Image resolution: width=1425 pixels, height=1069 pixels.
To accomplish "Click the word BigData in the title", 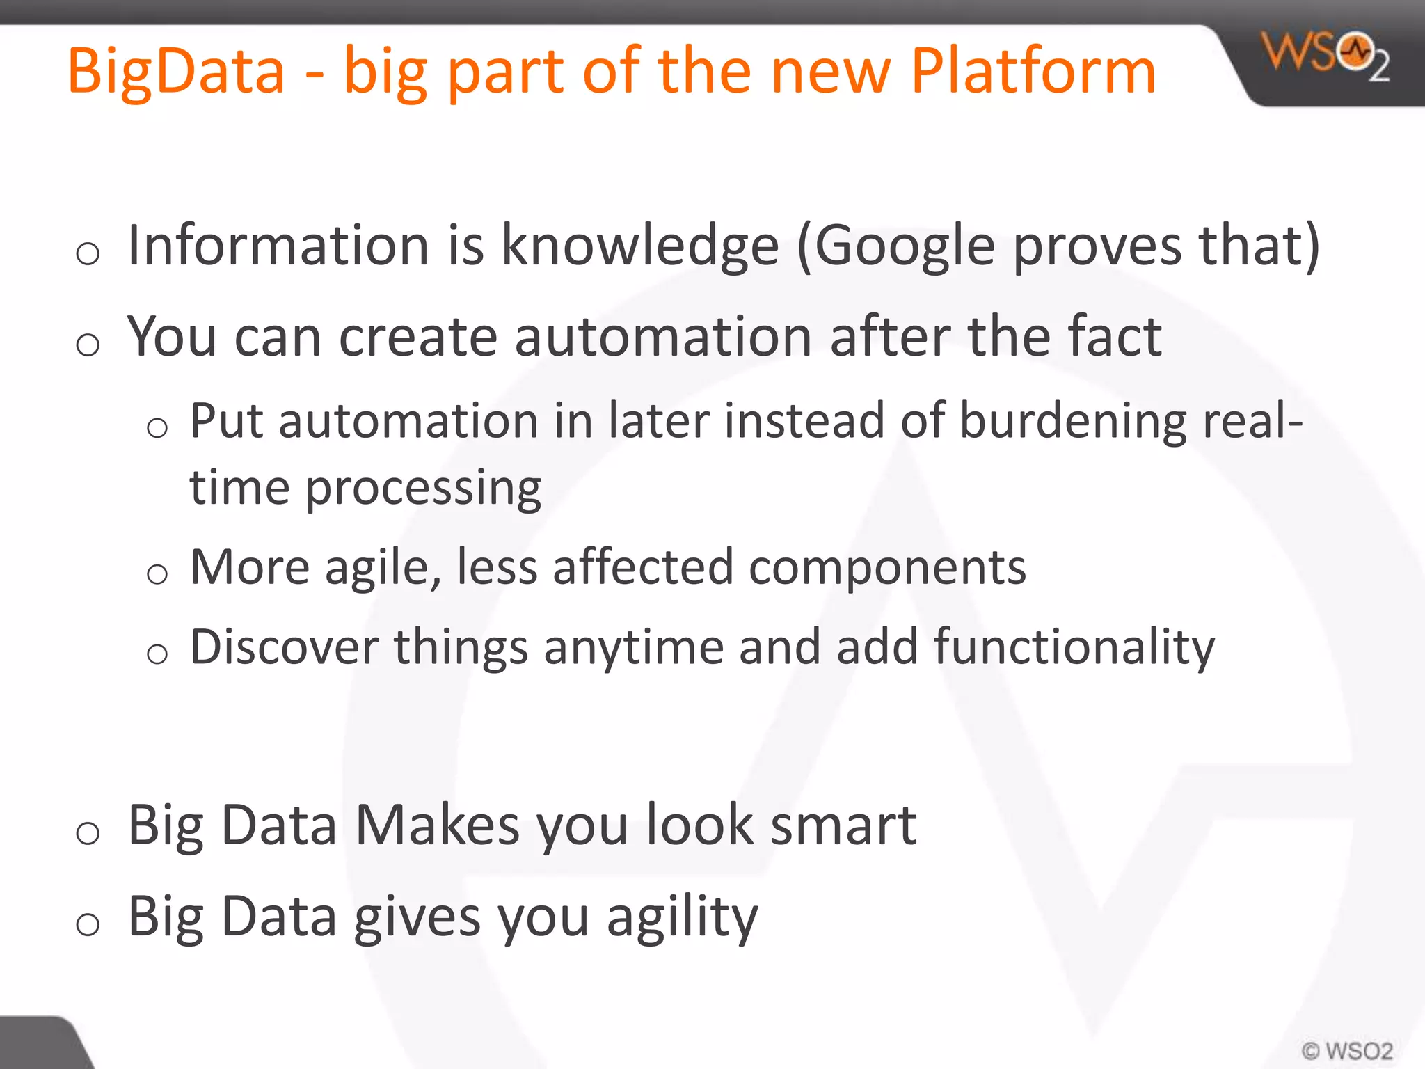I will [176, 72].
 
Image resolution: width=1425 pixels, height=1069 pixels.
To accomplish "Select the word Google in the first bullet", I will [905, 246].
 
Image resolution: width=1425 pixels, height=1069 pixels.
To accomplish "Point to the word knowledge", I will [640, 246].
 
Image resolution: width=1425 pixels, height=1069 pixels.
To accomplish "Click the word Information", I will [278, 245].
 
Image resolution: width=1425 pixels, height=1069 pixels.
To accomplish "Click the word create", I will [418, 337].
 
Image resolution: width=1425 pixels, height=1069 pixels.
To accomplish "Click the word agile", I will [383, 568].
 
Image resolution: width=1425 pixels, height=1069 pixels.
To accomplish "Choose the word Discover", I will [284, 647].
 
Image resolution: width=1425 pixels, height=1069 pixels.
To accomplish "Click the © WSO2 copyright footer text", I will [1347, 1050].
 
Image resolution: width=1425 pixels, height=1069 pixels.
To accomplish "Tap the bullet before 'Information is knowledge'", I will [88, 253].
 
